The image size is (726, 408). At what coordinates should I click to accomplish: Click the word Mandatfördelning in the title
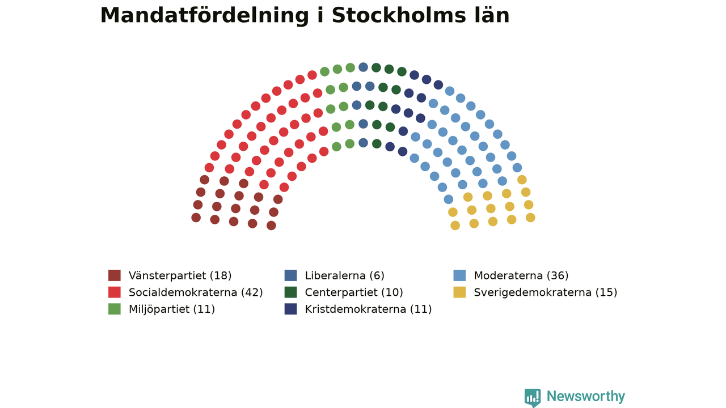tap(205, 16)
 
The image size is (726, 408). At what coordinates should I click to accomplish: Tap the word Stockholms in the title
tap(399, 15)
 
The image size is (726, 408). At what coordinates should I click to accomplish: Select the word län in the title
tap(491, 15)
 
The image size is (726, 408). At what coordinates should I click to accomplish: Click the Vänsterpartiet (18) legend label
tap(180, 275)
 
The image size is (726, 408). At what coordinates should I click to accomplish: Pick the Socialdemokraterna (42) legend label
tap(196, 292)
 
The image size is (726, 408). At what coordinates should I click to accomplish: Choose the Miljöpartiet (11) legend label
tap(172, 309)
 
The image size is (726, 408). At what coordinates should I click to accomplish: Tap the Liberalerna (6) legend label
tap(344, 275)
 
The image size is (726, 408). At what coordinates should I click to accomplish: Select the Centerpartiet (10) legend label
tap(354, 292)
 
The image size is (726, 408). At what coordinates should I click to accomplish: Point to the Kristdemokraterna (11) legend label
tap(369, 309)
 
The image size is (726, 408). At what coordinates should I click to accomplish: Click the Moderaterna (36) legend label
tap(521, 275)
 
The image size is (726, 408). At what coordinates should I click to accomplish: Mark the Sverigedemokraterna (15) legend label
tap(546, 292)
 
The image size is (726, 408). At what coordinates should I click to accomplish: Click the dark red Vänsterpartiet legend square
tap(115, 275)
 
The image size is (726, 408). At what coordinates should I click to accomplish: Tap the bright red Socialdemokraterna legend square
tap(115, 292)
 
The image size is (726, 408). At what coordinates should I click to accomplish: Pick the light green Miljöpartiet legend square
tap(115, 309)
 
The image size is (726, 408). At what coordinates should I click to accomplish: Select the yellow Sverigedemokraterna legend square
tap(459, 292)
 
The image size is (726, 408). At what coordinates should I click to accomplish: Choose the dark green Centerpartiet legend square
tap(291, 292)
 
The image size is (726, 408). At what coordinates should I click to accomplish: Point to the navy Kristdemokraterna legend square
tap(291, 309)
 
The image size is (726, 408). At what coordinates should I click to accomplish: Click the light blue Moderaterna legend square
tap(459, 275)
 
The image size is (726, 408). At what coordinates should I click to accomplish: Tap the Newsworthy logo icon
tap(533, 398)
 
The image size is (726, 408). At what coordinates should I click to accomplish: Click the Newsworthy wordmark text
tap(586, 396)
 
